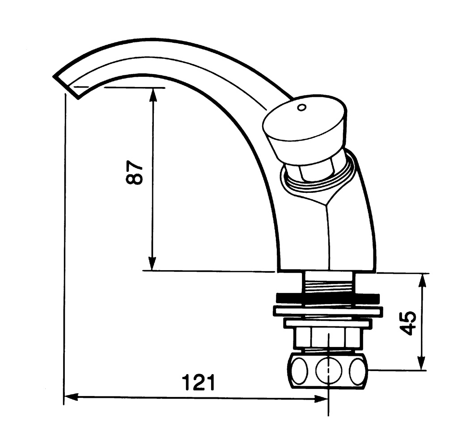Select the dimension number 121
pyautogui.click(x=198, y=382)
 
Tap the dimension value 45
pyautogui.click(x=408, y=323)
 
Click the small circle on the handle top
pyautogui.click(x=301, y=108)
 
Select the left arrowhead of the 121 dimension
pyautogui.click(x=71, y=397)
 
